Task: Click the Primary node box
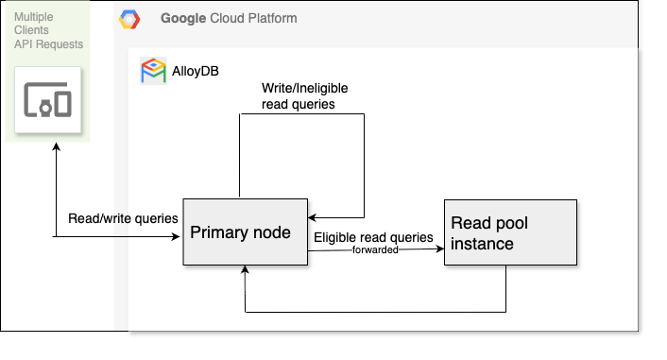pos(245,231)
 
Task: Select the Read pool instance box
pos(510,232)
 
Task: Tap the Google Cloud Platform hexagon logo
pos(129,19)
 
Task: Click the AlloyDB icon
pos(153,71)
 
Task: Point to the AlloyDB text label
pos(196,71)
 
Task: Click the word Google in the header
pos(183,18)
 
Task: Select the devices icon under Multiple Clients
pos(47,99)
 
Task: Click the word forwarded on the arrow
pos(375,249)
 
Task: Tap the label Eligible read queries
pos(373,237)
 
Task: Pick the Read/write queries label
pos(123,218)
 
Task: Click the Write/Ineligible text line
pos(304,88)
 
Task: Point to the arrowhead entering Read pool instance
pos(440,249)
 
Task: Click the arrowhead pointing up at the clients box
pos(56,146)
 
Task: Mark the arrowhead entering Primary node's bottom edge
pos(245,269)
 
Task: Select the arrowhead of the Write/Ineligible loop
pos(312,217)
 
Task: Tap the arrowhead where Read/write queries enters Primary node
pos(176,236)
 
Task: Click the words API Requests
pos(48,44)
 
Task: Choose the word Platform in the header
pos(273,18)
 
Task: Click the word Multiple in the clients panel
pos(34,17)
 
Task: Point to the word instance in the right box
pos(482,244)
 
